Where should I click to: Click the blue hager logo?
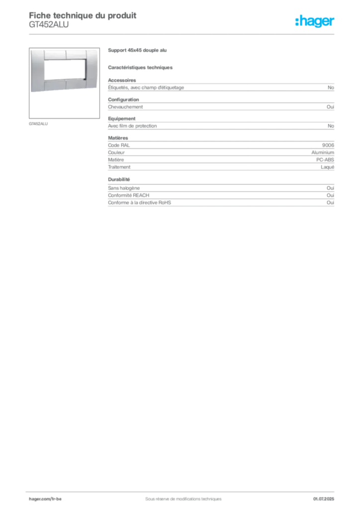tap(315, 21)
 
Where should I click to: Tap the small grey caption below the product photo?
tap(39, 123)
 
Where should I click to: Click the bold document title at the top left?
tap(82, 14)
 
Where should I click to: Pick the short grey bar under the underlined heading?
tap(141, 67)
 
